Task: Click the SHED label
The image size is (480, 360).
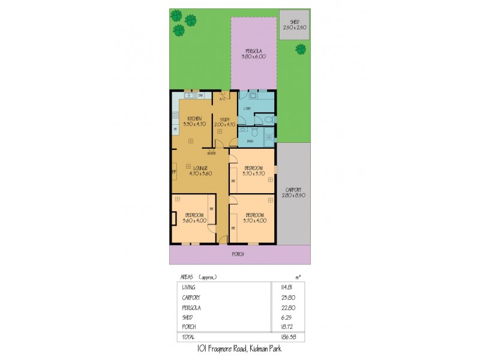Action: click(x=295, y=22)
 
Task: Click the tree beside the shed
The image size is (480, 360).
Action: click(x=301, y=49)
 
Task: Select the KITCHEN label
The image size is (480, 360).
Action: click(x=194, y=118)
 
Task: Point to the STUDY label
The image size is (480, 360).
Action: click(x=224, y=119)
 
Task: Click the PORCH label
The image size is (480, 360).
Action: click(x=238, y=254)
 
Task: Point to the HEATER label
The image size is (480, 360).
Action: click(x=212, y=153)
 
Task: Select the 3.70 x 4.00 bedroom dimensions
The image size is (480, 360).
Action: click(x=254, y=220)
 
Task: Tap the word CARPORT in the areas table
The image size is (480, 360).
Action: click(x=191, y=298)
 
